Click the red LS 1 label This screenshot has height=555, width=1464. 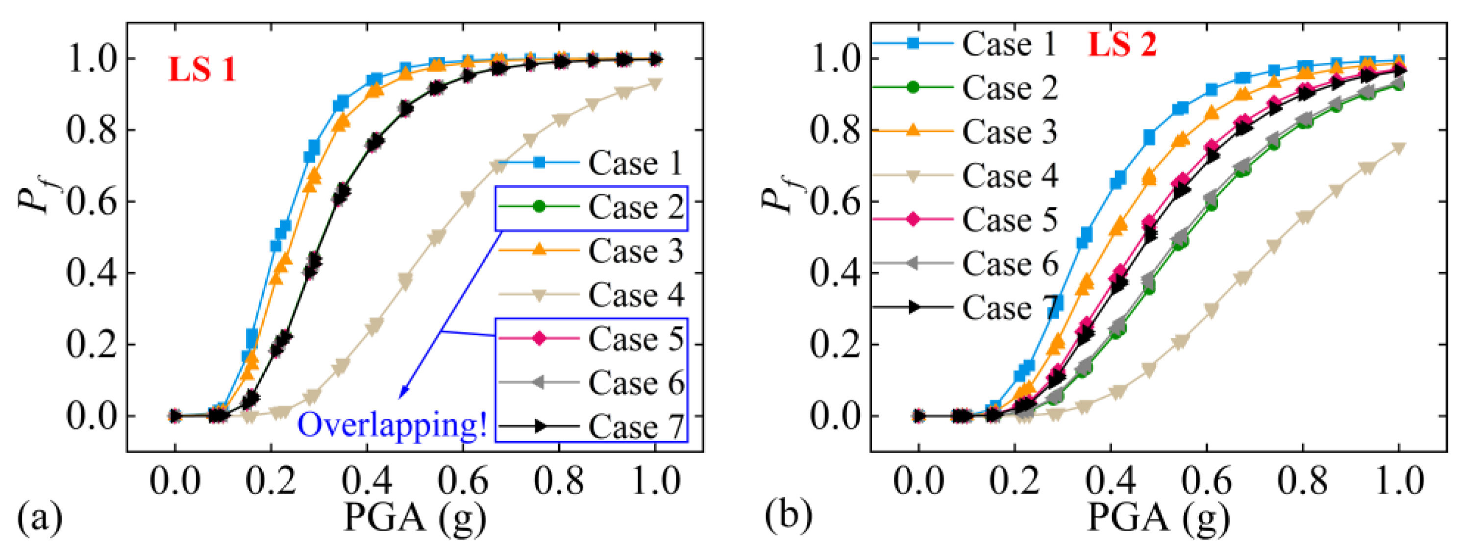coord(202,70)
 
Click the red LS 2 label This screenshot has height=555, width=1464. coord(1122,44)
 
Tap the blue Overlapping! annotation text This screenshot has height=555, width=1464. coord(392,425)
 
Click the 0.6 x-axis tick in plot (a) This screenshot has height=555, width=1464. coord(463,481)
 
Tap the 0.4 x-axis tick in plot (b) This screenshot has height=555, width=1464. coord(1110,481)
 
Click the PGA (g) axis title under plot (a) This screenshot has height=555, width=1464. coord(415,517)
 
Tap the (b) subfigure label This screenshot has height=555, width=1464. coord(788,515)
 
